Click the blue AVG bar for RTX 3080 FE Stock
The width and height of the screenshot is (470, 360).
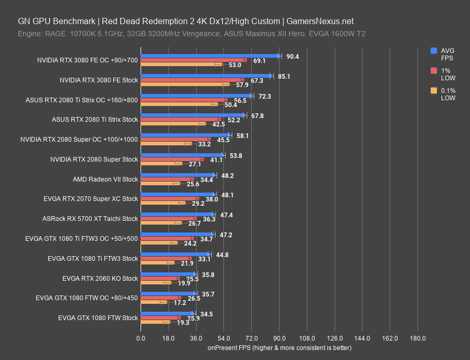[206, 76]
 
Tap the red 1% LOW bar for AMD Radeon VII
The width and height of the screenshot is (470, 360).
[167, 179]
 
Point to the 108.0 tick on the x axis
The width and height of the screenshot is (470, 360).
[307, 338]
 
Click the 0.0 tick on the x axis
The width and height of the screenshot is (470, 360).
[141, 338]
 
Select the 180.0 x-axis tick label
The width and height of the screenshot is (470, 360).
[418, 338]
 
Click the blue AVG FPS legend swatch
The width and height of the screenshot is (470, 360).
[434, 51]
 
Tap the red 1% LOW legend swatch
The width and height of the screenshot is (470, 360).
[434, 71]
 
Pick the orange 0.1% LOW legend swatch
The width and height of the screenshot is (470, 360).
[434, 91]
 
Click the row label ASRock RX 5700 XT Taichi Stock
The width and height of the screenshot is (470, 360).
[90, 218]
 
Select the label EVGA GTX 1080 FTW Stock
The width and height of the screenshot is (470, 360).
[98, 317]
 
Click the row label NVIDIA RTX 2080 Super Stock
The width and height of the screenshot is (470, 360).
[94, 159]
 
